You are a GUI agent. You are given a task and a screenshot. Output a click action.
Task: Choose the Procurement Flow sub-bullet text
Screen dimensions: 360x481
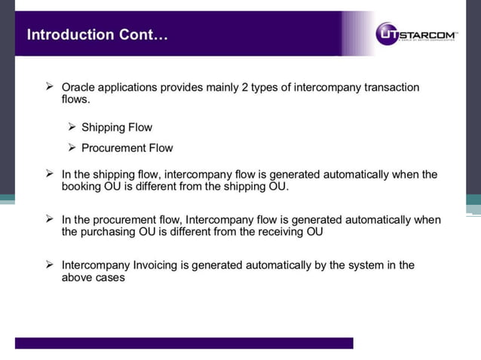127,148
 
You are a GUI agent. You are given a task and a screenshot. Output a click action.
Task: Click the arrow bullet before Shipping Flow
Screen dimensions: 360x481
72,127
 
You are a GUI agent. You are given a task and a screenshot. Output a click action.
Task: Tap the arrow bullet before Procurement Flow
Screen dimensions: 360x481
72,148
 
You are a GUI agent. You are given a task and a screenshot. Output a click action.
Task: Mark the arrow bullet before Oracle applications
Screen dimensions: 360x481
51,87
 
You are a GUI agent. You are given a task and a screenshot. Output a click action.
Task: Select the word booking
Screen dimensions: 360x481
82,186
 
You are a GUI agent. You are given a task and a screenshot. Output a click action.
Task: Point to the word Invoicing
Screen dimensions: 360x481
155,265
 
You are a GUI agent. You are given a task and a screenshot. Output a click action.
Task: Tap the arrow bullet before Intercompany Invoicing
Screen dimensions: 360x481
51,265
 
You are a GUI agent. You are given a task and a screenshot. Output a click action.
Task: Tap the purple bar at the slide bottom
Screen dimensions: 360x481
184,343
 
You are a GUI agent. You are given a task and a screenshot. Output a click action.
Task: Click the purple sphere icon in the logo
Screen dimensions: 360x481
387,33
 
